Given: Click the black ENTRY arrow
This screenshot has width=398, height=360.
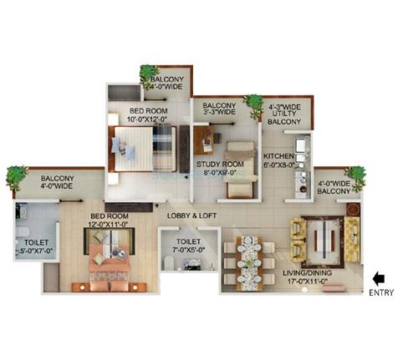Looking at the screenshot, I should (380, 277).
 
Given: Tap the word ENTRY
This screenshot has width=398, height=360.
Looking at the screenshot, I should (380, 292).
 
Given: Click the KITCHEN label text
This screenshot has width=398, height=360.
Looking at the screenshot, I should (279, 156).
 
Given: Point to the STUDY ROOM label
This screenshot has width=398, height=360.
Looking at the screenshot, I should (220, 165).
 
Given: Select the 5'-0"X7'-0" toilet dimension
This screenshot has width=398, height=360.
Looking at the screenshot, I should (33, 250).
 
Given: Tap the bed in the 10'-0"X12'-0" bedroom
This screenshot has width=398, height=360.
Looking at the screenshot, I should (145, 151).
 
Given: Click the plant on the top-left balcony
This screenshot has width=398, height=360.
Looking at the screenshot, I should (150, 74).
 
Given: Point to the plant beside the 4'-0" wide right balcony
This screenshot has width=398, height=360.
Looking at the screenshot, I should (355, 176).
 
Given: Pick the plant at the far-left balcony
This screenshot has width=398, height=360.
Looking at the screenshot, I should (16, 175).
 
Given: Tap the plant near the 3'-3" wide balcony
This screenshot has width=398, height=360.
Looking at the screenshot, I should (253, 103).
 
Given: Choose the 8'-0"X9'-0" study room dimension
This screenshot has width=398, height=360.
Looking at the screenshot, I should (220, 175).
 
